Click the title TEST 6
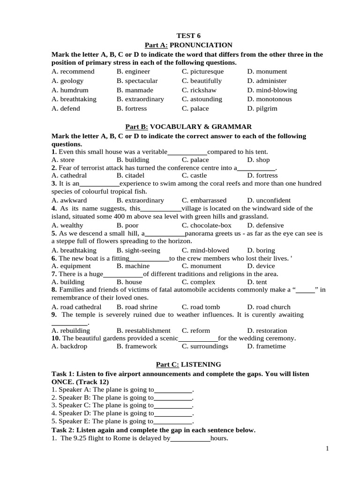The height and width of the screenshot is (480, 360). pyautogui.click(x=188, y=36)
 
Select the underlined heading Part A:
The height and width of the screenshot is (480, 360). pyautogui.click(x=156, y=45)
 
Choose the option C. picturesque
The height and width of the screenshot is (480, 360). pyautogui.click(x=202, y=72)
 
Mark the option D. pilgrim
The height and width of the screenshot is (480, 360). pyautogui.click(x=262, y=108)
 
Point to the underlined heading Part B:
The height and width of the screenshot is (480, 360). pyautogui.click(x=136, y=127)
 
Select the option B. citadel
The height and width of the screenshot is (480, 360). pyautogui.click(x=133, y=175)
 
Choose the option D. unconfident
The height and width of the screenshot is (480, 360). pyautogui.click(x=269, y=200)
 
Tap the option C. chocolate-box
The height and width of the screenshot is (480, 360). pyautogui.click(x=207, y=225)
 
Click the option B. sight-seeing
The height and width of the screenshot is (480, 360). pyautogui.click(x=138, y=250)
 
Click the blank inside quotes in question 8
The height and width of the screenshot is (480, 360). pyautogui.click(x=305, y=290)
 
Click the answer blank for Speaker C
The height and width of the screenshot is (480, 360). pyautogui.click(x=173, y=405)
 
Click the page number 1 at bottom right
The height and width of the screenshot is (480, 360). pyautogui.click(x=328, y=449)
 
